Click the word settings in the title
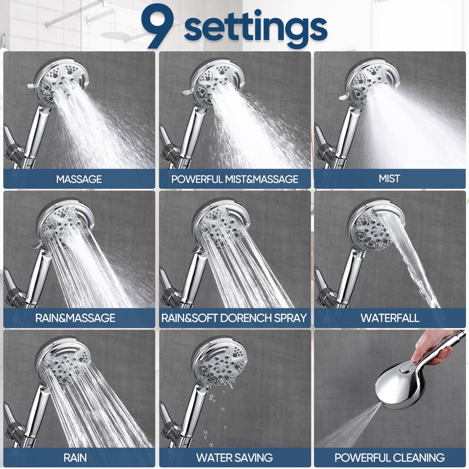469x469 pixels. click(255, 29)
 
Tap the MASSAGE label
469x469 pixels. click(79, 179)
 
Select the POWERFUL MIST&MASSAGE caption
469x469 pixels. click(235, 179)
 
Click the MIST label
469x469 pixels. click(389, 179)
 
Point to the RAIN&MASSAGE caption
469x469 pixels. click(75, 318)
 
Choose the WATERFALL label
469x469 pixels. click(390, 318)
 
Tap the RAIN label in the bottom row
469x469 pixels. click(75, 458)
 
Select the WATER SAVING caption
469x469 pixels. click(235, 458)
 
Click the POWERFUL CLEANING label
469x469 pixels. click(389, 458)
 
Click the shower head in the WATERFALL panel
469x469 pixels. click(373, 227)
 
